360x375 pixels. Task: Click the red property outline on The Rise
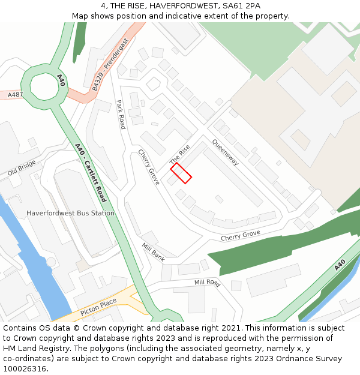click(x=181, y=173)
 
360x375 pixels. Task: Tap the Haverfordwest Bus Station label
click(x=70, y=213)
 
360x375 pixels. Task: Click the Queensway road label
click(x=225, y=154)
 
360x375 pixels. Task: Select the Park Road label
click(x=121, y=115)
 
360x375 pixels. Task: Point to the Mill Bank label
click(x=153, y=252)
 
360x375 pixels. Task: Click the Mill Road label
click(x=207, y=282)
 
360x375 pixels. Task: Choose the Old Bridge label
click(x=22, y=168)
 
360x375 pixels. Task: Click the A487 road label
click(x=15, y=94)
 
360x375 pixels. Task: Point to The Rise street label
click(x=179, y=155)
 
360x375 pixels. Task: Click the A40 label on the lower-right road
click(x=340, y=265)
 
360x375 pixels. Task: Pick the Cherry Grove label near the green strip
click(x=240, y=236)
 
